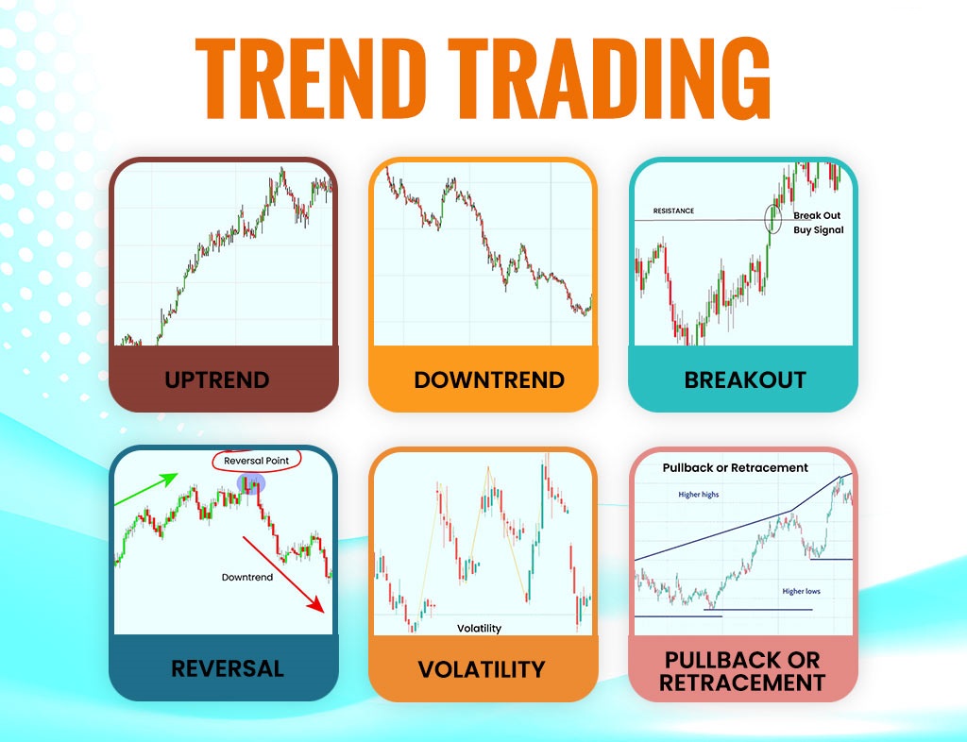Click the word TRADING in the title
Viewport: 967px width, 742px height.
click(x=609, y=78)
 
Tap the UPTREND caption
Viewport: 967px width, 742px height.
click(x=217, y=379)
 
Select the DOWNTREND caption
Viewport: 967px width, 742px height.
click(x=489, y=379)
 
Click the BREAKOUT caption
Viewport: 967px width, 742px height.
click(x=745, y=379)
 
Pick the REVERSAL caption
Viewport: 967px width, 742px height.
click(x=228, y=668)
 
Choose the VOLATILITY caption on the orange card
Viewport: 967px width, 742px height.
click(x=482, y=669)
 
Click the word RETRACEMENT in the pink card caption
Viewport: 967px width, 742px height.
click(x=742, y=683)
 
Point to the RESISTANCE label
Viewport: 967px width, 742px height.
click(x=673, y=211)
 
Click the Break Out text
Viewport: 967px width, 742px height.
click(x=817, y=215)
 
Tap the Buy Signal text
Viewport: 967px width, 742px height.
click(x=819, y=230)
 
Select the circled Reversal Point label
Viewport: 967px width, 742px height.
click(x=257, y=461)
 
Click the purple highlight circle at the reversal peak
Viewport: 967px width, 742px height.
click(x=251, y=483)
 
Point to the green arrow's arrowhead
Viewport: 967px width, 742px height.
click(x=169, y=479)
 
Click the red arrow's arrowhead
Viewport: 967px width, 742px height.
click(x=317, y=604)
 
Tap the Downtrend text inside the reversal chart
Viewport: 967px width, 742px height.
click(x=247, y=577)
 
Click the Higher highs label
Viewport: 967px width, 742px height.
click(x=698, y=495)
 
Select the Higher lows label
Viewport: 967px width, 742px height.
click(x=801, y=591)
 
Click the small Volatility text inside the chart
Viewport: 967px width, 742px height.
click(x=479, y=628)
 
